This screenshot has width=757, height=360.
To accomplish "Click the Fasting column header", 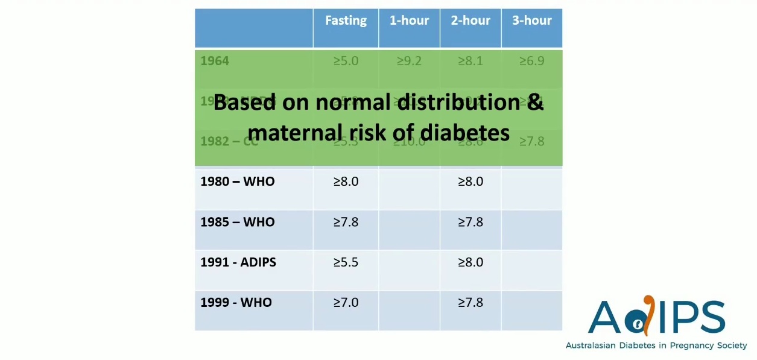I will [346, 21].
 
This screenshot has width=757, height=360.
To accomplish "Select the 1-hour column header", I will [409, 21].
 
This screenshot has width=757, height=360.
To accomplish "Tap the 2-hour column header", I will [470, 21].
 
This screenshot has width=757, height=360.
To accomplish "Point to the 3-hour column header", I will [532, 21].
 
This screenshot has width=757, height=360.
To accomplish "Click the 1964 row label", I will [215, 61].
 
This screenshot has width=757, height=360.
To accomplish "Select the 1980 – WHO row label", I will [238, 182].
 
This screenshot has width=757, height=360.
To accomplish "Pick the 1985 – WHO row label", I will [238, 222].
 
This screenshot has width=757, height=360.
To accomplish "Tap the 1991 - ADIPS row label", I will [238, 262].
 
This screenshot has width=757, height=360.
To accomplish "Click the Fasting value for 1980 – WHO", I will [346, 182].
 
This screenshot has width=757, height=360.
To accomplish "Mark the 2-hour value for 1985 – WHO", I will [470, 222].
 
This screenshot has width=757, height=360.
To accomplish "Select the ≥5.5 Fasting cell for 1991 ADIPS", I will [346, 262].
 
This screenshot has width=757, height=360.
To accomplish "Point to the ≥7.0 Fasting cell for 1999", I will [346, 303].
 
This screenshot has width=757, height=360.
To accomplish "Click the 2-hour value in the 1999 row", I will [470, 303].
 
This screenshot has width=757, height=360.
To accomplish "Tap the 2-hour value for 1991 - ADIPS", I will [470, 262].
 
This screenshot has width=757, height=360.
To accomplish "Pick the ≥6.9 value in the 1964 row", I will [531, 61].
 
